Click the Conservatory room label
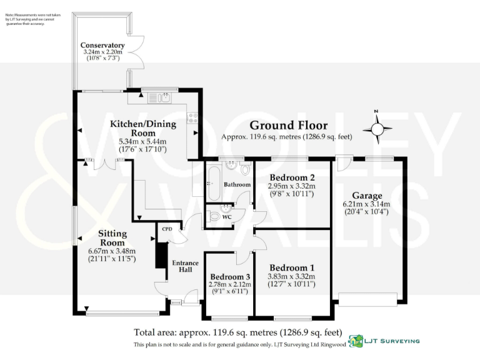[102, 46]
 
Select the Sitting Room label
[112, 238]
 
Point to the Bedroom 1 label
[291, 268]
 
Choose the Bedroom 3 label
[230, 277]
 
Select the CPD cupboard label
[167, 229]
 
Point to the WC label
[227, 217]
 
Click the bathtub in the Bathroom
[212, 183]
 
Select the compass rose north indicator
[376, 129]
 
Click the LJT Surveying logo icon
[356, 341]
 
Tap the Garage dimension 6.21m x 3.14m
[366, 204]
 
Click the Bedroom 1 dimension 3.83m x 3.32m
[291, 276]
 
